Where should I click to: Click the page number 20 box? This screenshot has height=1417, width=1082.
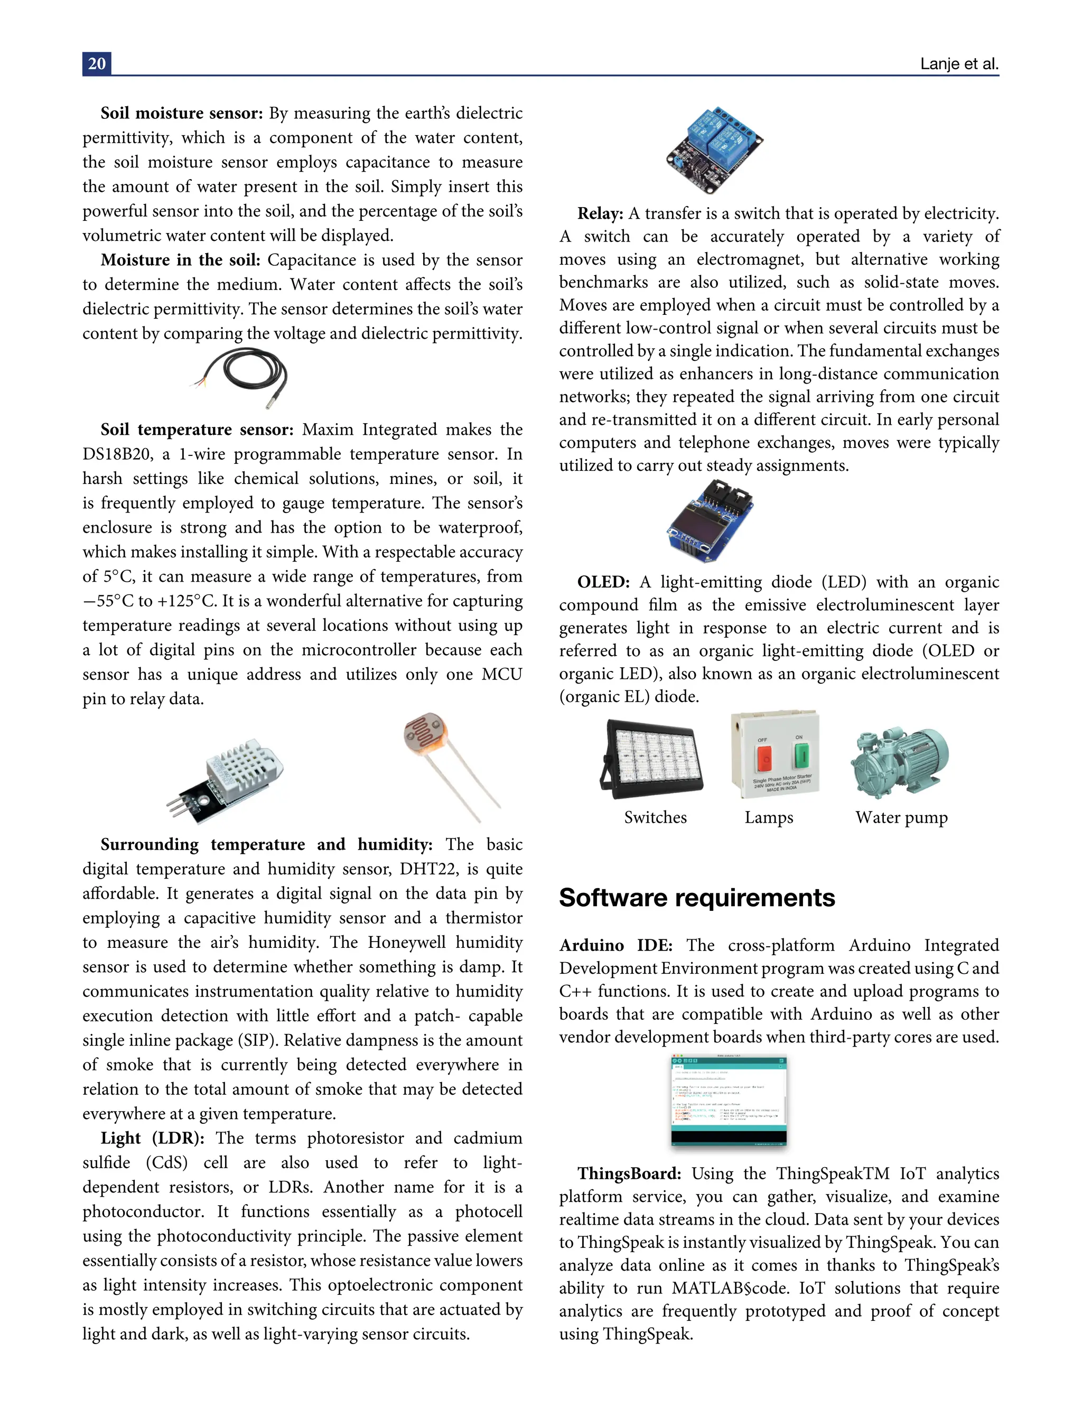pyautogui.click(x=97, y=64)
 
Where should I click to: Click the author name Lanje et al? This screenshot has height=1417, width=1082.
pyautogui.click(x=958, y=64)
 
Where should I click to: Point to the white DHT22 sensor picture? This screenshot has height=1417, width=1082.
pyautogui.click(x=226, y=780)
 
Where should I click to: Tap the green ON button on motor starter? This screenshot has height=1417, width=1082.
pyautogui.click(x=800, y=754)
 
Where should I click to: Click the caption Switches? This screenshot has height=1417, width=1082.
pyautogui.click(x=655, y=817)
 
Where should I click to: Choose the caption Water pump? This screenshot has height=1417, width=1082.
pyautogui.click(x=901, y=817)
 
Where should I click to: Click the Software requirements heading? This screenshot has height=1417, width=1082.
pyautogui.click(x=696, y=897)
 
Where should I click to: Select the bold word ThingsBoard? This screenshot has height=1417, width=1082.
pyautogui.click(x=629, y=1173)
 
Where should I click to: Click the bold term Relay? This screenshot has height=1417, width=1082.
pyautogui.click(x=600, y=213)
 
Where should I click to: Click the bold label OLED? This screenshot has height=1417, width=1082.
pyautogui.click(x=603, y=582)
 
